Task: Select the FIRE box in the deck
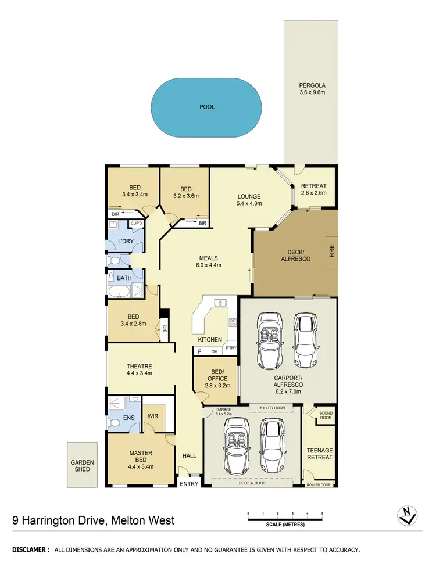point(331,251)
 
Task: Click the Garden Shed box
point(83,465)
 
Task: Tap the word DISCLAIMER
point(30,549)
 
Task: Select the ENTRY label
point(189,484)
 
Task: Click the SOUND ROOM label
point(326,415)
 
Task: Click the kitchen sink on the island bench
point(220,303)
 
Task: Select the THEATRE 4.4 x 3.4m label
point(140,370)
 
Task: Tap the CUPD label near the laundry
point(136,223)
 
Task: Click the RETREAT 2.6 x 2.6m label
point(314,190)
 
